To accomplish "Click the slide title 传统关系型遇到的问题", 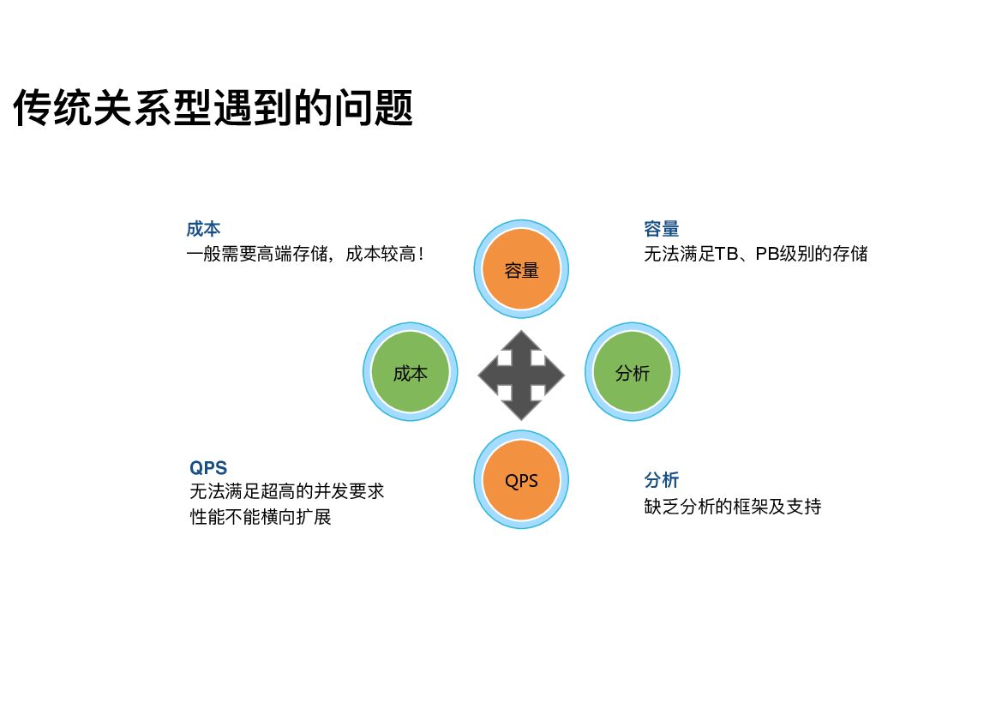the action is (x=213, y=108).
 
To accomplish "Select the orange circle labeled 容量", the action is (x=521, y=269).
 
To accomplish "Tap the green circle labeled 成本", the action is (x=410, y=372).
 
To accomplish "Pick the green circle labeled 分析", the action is (x=633, y=372).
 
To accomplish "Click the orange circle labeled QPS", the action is (x=521, y=480).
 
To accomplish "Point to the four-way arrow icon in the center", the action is (x=521, y=375).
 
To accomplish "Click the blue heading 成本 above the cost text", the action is (x=203, y=229).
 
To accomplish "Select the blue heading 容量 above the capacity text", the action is (x=661, y=229).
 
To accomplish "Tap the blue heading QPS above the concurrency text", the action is (x=208, y=468).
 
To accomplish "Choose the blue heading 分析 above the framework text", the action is (x=661, y=480).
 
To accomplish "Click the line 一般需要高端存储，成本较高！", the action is (x=306, y=254).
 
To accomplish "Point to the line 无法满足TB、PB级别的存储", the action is (x=755, y=254).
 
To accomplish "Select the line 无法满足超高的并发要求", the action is (x=287, y=492).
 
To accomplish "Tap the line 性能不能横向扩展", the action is (x=261, y=517).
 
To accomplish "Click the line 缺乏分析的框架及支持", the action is (x=733, y=506).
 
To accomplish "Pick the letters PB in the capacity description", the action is (x=766, y=254).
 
